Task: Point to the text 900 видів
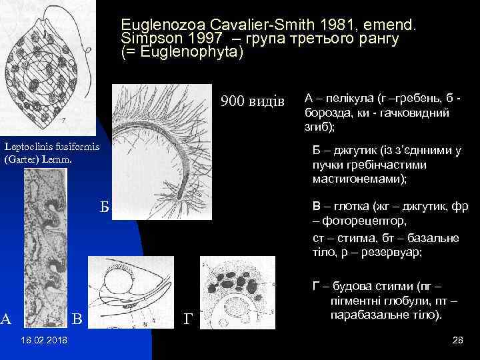(252, 101)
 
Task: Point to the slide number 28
(457, 341)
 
